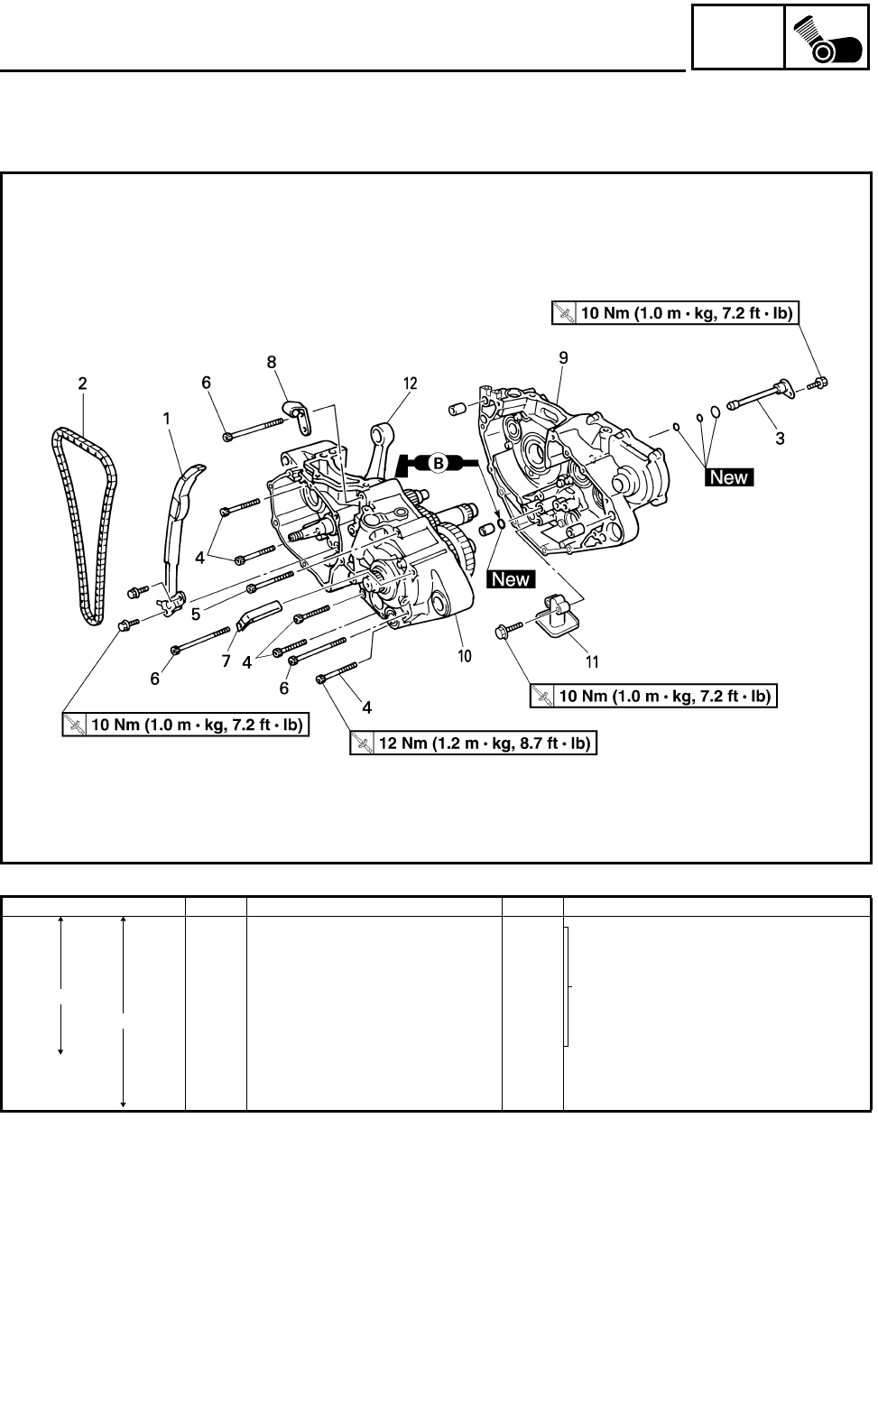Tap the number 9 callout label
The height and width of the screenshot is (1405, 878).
pyautogui.click(x=563, y=358)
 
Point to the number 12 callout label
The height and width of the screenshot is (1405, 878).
pyautogui.click(x=411, y=384)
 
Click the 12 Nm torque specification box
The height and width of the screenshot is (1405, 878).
pyautogui.click(x=474, y=744)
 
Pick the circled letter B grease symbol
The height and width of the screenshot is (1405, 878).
pyautogui.click(x=439, y=463)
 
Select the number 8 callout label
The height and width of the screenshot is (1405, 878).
pyautogui.click(x=271, y=362)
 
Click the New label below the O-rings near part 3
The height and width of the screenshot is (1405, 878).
pyautogui.click(x=729, y=476)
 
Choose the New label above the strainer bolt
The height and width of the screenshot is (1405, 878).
pyautogui.click(x=511, y=579)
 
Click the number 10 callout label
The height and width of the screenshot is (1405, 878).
pyautogui.click(x=464, y=656)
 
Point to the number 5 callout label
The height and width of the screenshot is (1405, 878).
pyautogui.click(x=196, y=614)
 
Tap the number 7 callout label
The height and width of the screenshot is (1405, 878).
pyautogui.click(x=226, y=661)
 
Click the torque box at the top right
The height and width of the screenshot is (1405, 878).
pyautogui.click(x=676, y=313)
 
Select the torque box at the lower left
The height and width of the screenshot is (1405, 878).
pyautogui.click(x=185, y=724)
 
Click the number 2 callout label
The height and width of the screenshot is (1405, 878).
pyautogui.click(x=82, y=384)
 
